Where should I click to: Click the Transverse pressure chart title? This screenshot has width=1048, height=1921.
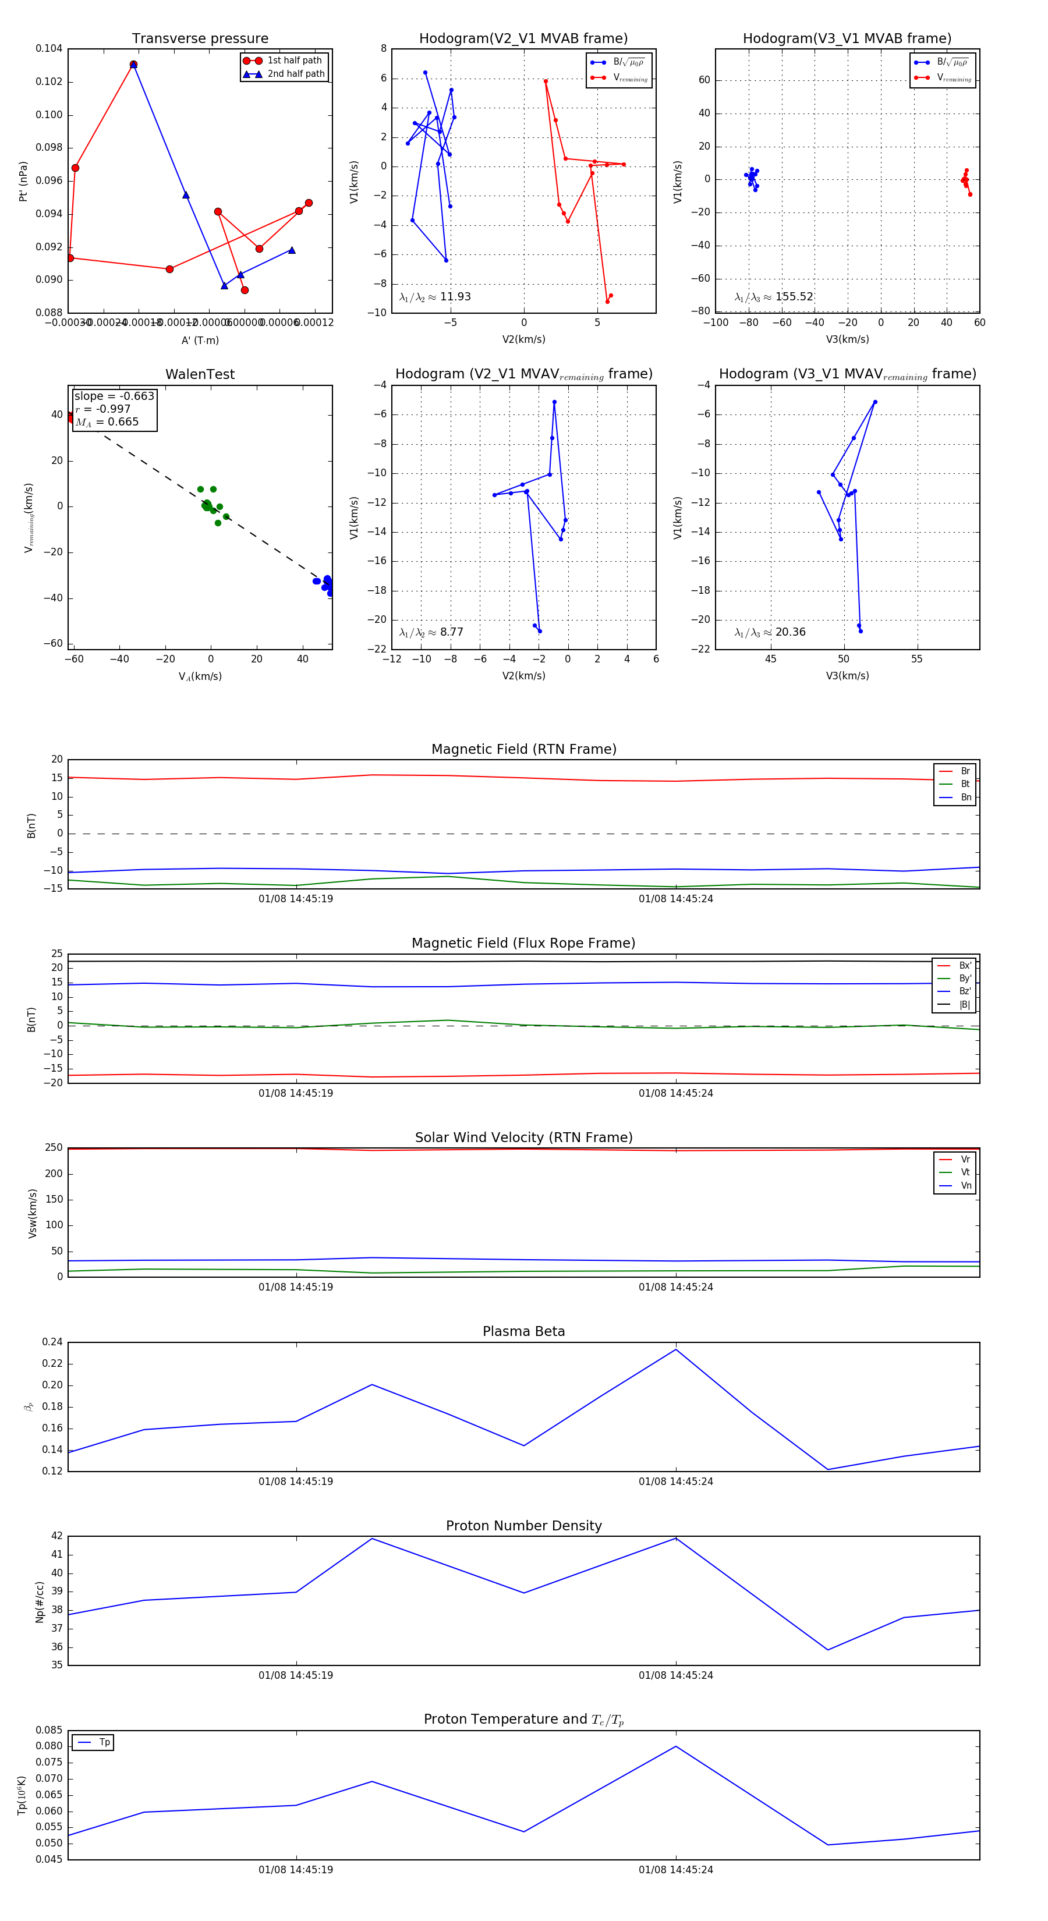[200, 39]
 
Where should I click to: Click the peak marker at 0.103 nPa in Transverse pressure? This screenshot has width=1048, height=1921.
[133, 65]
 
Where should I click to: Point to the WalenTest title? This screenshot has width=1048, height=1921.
[200, 374]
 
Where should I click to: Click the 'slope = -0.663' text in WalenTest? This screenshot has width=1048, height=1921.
[114, 396]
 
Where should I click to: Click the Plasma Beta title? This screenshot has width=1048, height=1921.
[523, 1332]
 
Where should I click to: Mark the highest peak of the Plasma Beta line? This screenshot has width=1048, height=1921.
[676, 1349]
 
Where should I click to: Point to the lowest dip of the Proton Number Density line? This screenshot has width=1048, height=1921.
[828, 1650]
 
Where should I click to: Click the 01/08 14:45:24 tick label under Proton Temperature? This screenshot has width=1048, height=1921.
[676, 1870]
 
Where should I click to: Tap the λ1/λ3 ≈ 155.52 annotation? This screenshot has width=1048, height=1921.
[774, 297]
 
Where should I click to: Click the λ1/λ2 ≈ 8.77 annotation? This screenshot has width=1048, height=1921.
[431, 632]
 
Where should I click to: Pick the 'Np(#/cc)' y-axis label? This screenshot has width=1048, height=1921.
[40, 1602]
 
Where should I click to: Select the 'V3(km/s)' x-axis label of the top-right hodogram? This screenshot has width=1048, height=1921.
[847, 339]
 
